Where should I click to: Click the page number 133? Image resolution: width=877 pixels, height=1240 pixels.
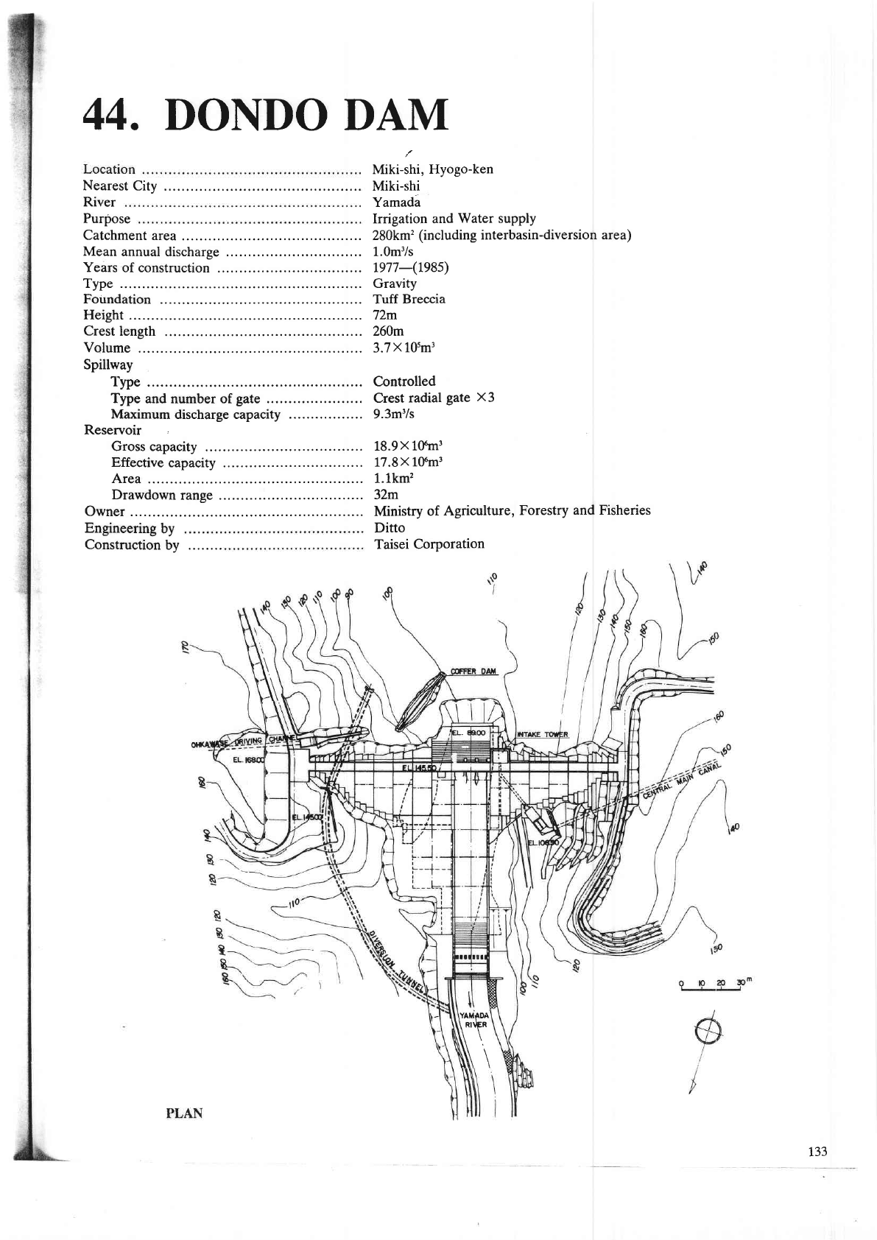click(817, 1152)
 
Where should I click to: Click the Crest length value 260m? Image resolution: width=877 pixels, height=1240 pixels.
click(388, 331)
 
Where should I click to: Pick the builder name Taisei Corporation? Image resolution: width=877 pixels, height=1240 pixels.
click(429, 544)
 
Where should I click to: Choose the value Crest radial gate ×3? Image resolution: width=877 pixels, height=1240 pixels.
click(434, 398)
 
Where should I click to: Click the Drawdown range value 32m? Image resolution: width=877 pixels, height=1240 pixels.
click(386, 495)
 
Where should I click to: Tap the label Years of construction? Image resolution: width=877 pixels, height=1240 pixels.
click(147, 268)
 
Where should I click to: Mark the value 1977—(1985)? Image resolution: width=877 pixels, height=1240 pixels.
click(411, 267)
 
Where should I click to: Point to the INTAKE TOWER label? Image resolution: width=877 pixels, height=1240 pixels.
click(543, 733)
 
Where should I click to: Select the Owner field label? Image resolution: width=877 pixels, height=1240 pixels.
click(105, 512)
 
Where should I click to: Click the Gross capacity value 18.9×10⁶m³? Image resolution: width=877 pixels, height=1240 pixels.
click(408, 446)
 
